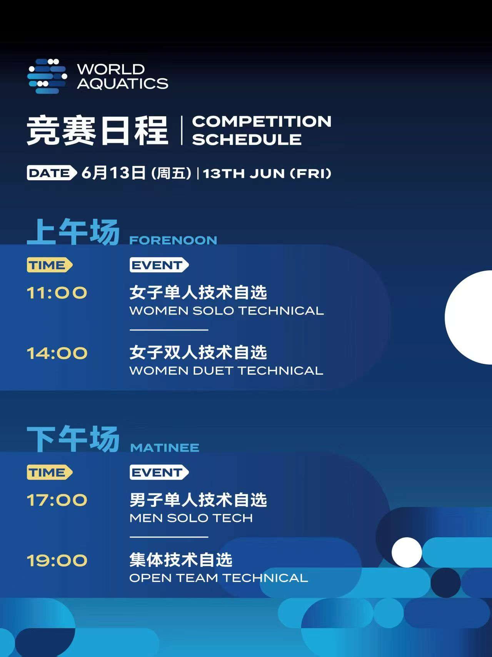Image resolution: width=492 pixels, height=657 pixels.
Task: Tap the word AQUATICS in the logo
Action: click(x=123, y=84)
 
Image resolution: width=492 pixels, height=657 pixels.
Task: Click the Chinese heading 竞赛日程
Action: click(x=97, y=131)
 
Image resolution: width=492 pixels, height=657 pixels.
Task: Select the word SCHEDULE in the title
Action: click(x=247, y=139)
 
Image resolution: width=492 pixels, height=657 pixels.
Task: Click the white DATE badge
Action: click(x=52, y=173)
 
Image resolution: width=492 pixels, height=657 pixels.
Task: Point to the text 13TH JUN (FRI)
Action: click(x=267, y=173)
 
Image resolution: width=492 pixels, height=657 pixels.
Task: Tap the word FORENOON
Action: click(x=173, y=240)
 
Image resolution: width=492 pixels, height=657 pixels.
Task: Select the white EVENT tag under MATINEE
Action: click(x=159, y=472)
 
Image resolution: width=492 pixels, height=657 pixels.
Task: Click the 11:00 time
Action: click(x=57, y=293)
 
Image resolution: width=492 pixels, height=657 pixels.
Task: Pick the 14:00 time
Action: click(x=57, y=353)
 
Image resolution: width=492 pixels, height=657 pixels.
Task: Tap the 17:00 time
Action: click(x=57, y=500)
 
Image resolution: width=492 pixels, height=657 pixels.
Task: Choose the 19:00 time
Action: click(x=57, y=560)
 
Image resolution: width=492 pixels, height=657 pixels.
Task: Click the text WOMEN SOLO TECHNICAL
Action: click(x=227, y=310)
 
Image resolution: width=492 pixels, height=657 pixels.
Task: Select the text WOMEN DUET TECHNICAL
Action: click(x=226, y=370)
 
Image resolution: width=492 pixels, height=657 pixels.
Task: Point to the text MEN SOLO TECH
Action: click(x=191, y=518)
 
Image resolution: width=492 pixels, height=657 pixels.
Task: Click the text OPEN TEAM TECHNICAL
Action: click(x=218, y=578)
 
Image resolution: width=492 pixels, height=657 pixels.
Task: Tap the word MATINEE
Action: click(x=165, y=447)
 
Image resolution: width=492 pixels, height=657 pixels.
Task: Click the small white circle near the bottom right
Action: click(x=407, y=552)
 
